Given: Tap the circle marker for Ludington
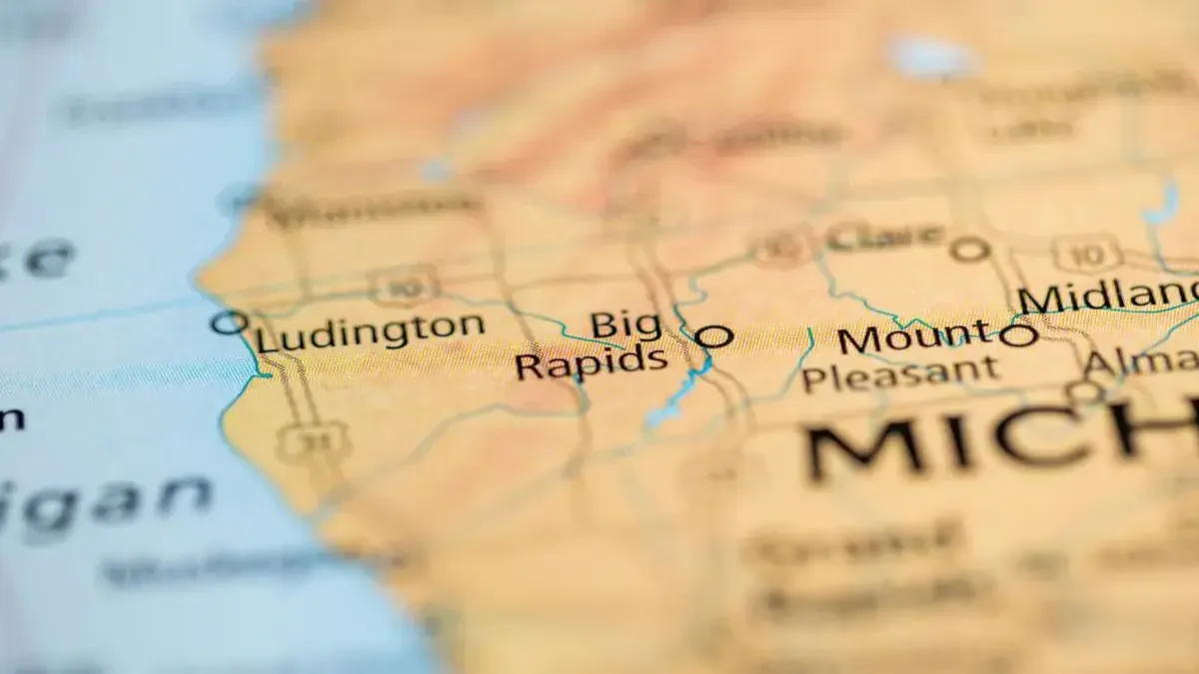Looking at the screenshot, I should (229, 323).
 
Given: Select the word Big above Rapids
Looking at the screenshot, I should (625, 325).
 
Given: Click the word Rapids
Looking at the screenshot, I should (592, 361).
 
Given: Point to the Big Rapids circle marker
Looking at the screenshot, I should (713, 337).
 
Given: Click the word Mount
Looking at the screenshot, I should (915, 337).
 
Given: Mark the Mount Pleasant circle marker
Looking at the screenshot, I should (1018, 336).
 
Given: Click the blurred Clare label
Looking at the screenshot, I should (885, 237).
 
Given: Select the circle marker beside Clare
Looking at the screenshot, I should (969, 250).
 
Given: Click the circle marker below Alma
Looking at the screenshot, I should (1083, 392).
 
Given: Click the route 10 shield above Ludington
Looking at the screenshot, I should (404, 287).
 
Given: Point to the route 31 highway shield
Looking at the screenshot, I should (313, 441).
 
